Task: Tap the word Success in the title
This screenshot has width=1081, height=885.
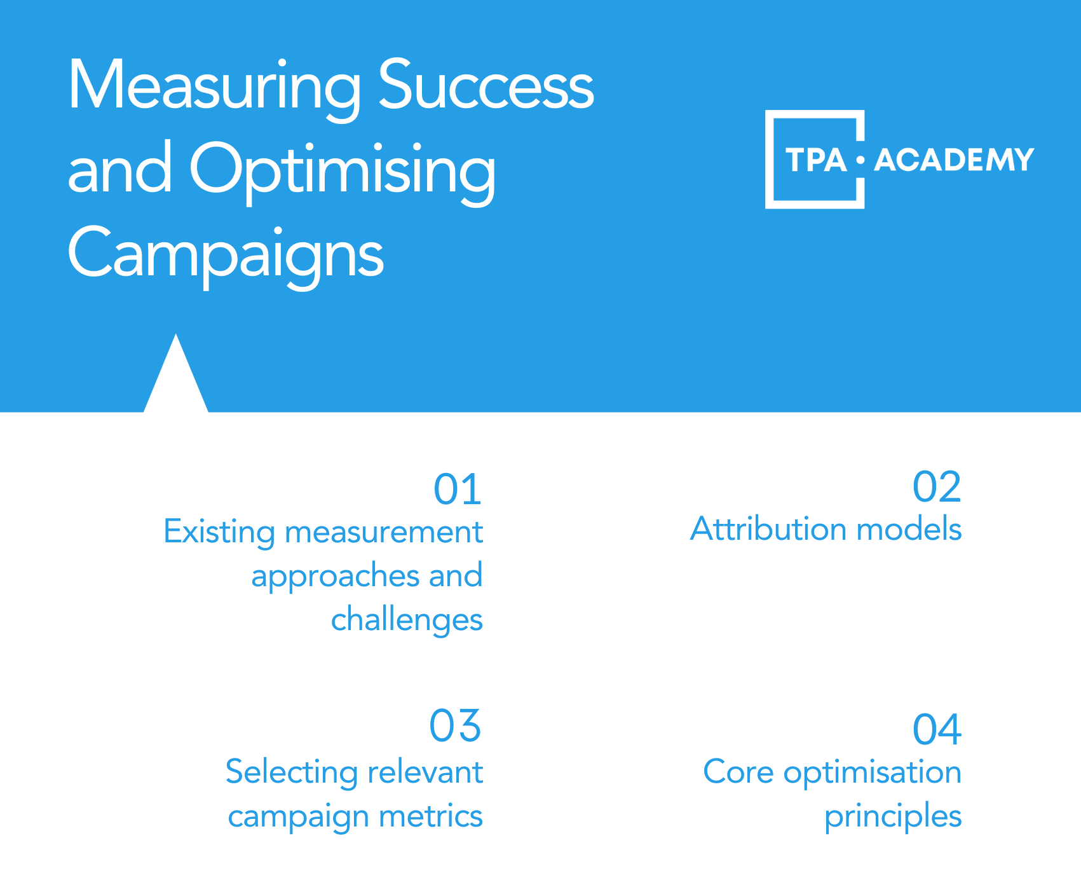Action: click(486, 85)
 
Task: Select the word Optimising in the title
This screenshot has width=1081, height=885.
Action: click(343, 170)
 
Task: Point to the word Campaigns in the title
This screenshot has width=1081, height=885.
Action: click(226, 255)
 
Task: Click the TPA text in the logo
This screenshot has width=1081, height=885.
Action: click(816, 160)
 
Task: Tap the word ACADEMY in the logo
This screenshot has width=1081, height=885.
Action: click(954, 160)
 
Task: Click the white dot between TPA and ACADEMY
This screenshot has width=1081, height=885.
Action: click(860, 160)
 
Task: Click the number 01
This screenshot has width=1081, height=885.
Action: click(458, 490)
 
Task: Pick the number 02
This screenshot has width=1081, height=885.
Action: click(937, 488)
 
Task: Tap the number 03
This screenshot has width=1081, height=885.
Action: click(455, 725)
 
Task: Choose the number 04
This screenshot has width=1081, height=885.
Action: click(937, 729)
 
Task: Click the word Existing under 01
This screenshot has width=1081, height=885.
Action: click(219, 532)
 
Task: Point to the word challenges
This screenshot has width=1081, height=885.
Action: click(407, 620)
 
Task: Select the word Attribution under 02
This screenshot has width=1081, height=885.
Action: click(768, 529)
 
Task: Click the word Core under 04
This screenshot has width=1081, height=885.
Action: click(738, 772)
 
